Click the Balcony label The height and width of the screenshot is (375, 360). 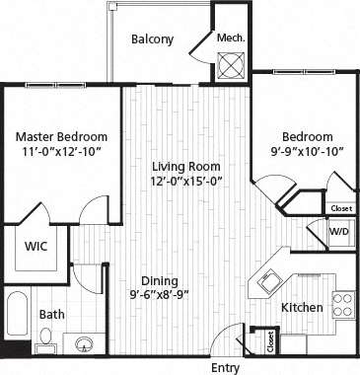[x=152, y=39]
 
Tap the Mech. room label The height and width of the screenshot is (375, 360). [x=231, y=38]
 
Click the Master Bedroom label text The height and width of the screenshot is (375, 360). [x=61, y=136]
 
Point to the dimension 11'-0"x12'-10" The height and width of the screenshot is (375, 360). [x=61, y=153]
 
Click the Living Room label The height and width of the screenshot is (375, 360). [x=185, y=166]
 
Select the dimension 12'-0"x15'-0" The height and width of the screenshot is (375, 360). [x=185, y=183]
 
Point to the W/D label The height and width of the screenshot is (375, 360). [x=338, y=232]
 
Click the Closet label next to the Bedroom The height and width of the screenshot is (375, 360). [x=340, y=208]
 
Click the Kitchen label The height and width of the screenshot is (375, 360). [x=302, y=308]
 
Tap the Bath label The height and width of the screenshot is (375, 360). [x=51, y=315]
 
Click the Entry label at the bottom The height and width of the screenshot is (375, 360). [x=226, y=366]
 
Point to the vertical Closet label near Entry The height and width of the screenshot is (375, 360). [x=269, y=342]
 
